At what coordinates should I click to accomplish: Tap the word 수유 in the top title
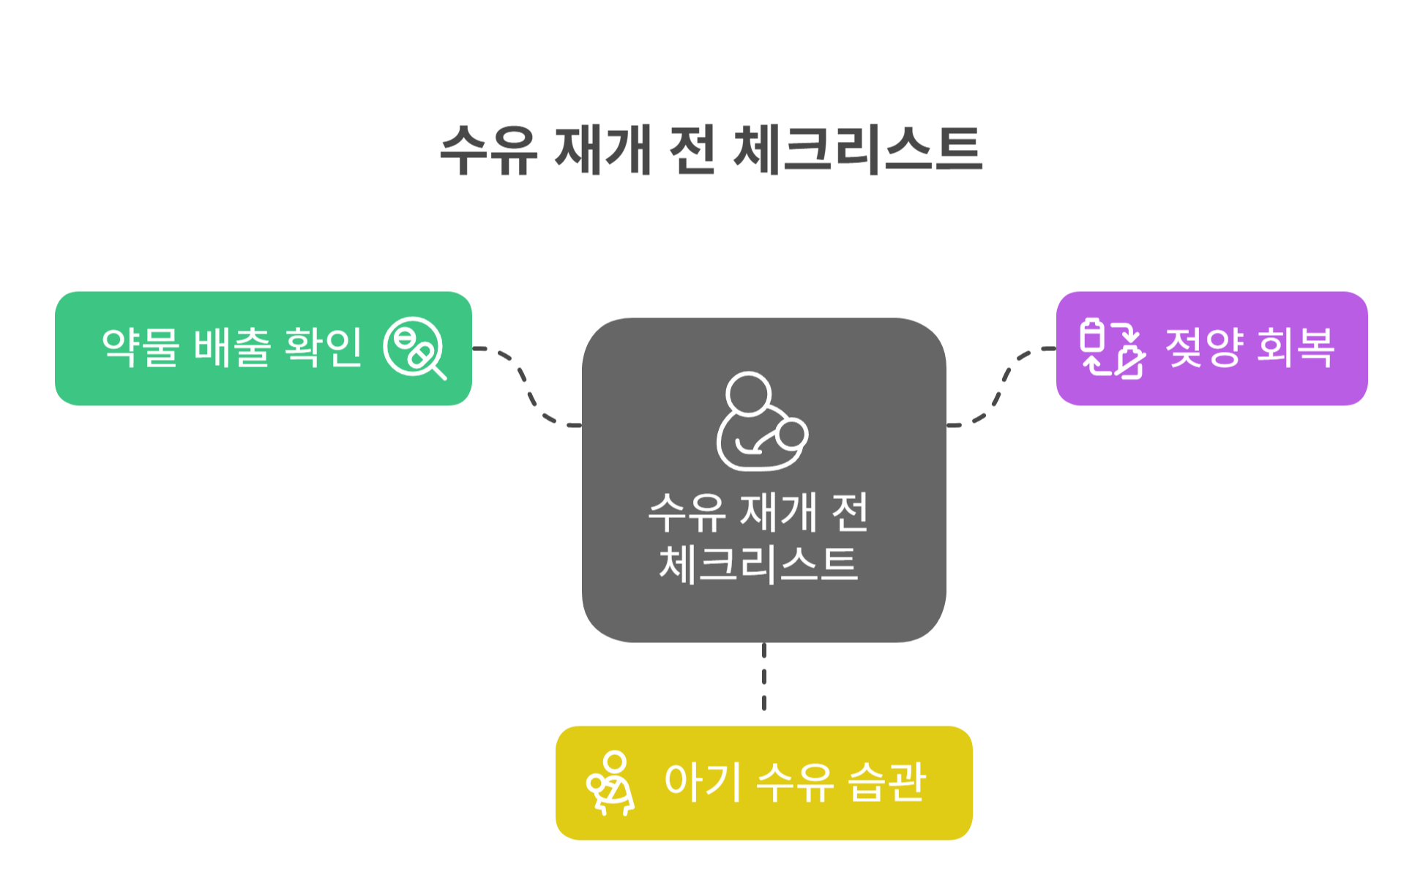(x=489, y=150)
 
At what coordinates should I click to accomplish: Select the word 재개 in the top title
(x=602, y=150)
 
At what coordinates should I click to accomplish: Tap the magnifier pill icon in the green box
(x=414, y=347)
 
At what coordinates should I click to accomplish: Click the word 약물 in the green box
(x=141, y=347)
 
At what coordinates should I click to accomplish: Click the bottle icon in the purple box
(x=1112, y=348)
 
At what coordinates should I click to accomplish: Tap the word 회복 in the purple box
(x=1296, y=347)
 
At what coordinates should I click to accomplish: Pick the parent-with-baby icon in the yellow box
(x=610, y=783)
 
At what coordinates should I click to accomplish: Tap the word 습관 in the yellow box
(x=887, y=782)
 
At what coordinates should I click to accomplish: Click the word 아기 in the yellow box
(x=703, y=782)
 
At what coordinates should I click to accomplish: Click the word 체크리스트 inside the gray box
(x=758, y=564)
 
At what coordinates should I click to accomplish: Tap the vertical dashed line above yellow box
(x=764, y=677)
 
